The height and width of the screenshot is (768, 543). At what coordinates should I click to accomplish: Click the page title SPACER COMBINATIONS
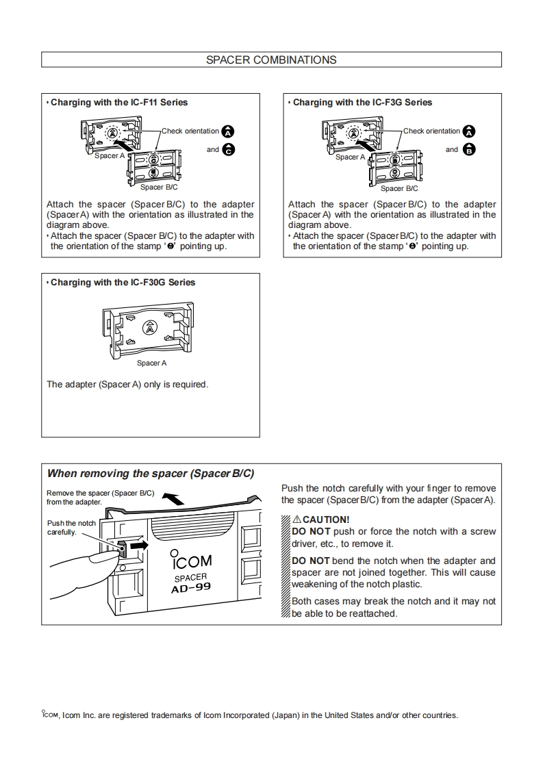tap(271, 60)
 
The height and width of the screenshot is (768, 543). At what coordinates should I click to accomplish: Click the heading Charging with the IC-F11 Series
tap(118, 103)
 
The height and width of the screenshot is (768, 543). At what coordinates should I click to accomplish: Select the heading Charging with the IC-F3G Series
tap(362, 103)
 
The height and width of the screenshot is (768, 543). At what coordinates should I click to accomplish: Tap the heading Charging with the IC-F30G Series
tap(123, 282)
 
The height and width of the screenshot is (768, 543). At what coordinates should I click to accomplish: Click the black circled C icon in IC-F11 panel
tap(229, 150)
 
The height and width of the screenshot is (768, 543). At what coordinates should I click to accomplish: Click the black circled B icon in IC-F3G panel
tap(469, 150)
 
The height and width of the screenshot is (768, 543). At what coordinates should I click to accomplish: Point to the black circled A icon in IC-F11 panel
tap(229, 131)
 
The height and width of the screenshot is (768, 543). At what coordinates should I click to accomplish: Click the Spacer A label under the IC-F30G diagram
tap(151, 363)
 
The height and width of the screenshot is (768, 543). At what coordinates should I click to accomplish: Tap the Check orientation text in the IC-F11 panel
tap(190, 131)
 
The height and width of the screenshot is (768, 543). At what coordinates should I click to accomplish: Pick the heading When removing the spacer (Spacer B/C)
tap(150, 474)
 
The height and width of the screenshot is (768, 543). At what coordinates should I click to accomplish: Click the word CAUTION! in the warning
tap(326, 520)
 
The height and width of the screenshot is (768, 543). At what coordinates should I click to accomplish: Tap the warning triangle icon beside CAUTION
tap(296, 520)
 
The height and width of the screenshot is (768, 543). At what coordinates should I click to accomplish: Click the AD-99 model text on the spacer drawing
tap(191, 587)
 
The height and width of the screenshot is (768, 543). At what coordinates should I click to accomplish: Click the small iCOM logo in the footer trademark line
tap(49, 715)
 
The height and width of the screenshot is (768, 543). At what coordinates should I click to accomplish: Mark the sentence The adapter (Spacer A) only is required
tap(127, 385)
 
